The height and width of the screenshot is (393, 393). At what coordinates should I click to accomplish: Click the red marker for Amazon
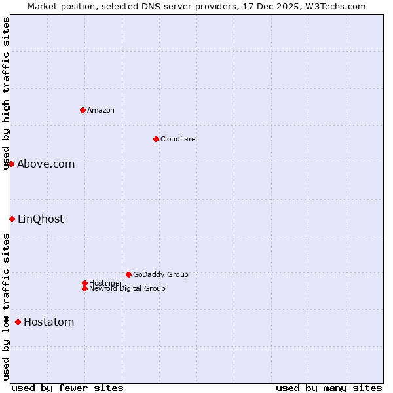point(83,110)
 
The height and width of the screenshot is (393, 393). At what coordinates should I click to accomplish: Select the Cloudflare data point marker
point(156,139)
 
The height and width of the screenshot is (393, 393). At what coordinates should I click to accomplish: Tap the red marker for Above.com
point(12,164)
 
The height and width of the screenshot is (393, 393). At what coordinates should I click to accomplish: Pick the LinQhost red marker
point(12,219)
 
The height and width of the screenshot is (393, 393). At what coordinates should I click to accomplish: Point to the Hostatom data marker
point(18,322)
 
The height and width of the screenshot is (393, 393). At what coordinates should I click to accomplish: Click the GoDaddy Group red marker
point(128,274)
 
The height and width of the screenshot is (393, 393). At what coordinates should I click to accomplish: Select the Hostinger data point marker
point(84,283)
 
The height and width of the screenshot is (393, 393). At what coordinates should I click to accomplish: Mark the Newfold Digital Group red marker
point(84,288)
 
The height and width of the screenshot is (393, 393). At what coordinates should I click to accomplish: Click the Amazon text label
point(101,110)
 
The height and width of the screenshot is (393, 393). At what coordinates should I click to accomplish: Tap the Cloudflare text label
point(178,139)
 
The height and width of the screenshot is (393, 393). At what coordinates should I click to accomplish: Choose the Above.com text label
point(46,164)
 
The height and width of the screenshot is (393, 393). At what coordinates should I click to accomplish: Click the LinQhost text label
point(41,219)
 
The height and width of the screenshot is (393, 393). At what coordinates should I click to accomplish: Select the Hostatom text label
point(48,322)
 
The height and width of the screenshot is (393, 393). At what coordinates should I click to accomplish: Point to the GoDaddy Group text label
point(160,274)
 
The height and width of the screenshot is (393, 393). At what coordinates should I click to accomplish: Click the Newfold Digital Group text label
point(127,288)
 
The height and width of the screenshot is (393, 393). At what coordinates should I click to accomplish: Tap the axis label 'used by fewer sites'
point(67,388)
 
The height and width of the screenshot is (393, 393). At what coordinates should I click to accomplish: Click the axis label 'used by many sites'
point(329,388)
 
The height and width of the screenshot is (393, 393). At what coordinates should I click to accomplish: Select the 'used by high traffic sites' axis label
point(7,93)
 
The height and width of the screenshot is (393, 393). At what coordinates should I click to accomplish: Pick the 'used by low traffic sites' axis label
point(7,307)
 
